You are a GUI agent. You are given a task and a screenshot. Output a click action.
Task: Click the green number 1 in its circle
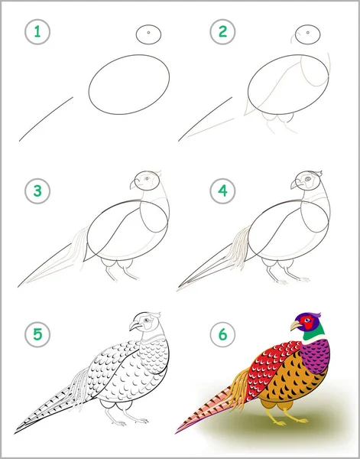(37, 31)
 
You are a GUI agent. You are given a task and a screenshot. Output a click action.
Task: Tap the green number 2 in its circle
(222, 31)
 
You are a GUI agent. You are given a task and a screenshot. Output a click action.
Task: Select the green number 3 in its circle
(37, 190)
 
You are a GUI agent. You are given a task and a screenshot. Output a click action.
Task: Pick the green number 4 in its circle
(222, 190)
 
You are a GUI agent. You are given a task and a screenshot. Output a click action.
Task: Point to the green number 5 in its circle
(37, 334)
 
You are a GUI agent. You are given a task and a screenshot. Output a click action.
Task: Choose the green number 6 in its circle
(222, 334)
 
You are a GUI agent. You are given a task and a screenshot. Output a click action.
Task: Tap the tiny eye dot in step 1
(148, 32)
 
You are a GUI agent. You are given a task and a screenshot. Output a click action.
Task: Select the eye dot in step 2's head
(308, 32)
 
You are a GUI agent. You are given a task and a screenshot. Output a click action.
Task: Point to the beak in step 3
(133, 184)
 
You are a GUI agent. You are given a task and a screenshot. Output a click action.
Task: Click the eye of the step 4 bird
(307, 179)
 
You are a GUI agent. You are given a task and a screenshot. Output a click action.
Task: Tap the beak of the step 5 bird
(134, 325)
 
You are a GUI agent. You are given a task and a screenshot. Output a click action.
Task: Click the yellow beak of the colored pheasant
(296, 325)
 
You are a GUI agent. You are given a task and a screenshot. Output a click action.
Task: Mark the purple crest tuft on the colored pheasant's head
(316, 315)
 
